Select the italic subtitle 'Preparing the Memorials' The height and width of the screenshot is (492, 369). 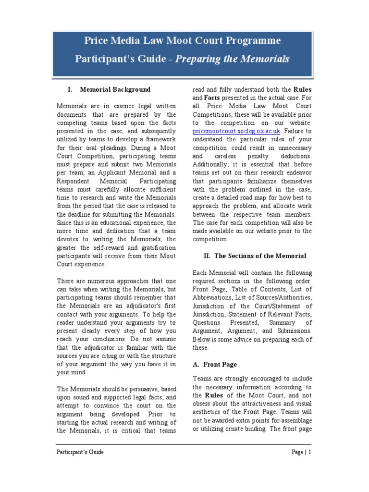[225, 59]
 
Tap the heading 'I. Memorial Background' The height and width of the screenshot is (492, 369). [110, 89]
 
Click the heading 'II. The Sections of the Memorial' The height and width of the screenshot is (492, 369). [254, 256]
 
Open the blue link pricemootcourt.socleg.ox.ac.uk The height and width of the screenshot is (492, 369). [236, 130]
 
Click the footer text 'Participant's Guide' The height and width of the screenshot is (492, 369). [80, 452]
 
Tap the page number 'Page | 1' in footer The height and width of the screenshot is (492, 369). [301, 452]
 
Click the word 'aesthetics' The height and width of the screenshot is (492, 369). [209, 412]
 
